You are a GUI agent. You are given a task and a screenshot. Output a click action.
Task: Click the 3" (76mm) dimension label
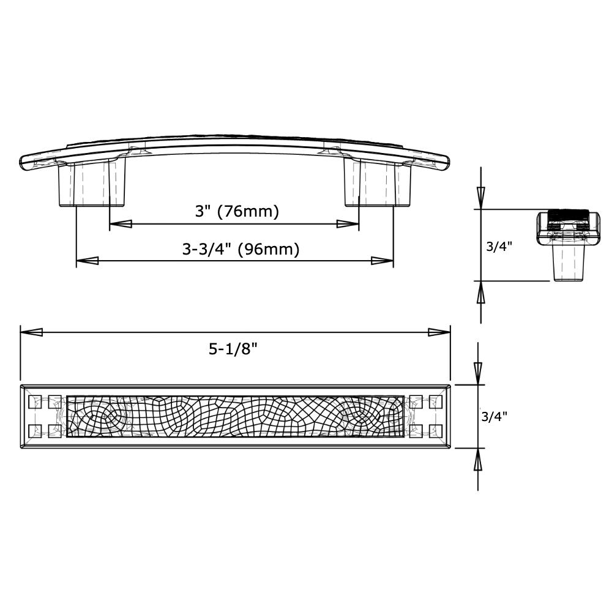[x=237, y=212]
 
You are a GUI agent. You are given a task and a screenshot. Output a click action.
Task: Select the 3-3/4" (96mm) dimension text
[x=241, y=249]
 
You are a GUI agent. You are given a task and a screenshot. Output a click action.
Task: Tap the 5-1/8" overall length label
[x=233, y=349]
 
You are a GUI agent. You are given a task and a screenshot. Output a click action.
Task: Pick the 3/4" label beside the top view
[x=494, y=417]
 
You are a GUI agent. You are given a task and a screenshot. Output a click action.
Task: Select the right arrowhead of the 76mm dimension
[x=348, y=225]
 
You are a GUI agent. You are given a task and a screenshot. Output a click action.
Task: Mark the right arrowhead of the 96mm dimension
[x=382, y=261]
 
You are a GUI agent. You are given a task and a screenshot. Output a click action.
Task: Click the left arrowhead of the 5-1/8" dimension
[x=32, y=332]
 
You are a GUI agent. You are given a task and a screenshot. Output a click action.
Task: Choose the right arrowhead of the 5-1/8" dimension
[x=439, y=332]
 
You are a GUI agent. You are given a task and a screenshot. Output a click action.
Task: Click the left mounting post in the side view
[x=92, y=184]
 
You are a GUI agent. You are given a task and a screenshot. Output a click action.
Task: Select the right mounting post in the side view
[x=377, y=184]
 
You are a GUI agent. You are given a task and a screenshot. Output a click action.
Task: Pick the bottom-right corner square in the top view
[x=435, y=431]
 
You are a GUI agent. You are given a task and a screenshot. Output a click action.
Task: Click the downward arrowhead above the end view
[x=480, y=197]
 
